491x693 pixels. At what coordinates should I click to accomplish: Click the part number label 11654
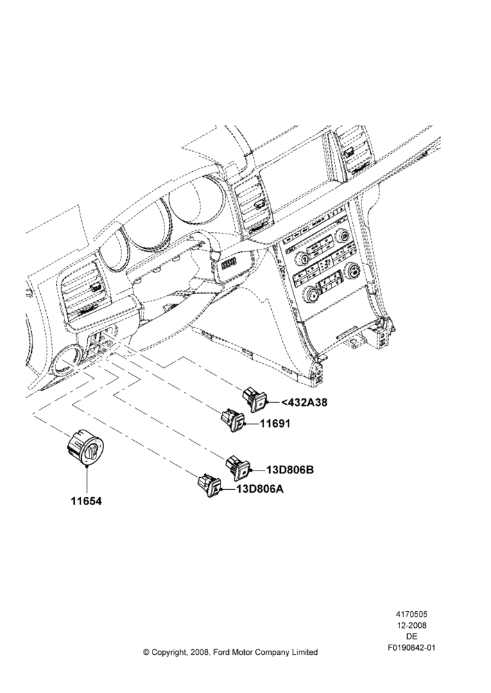point(86,501)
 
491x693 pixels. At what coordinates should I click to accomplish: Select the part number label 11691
point(275,423)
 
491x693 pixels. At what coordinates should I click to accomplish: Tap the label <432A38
point(304,403)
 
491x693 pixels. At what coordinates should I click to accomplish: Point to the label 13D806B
point(290,470)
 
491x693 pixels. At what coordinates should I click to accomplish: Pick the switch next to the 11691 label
point(233,419)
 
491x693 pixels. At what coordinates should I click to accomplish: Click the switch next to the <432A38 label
point(256,398)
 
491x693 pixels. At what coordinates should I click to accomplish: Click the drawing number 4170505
point(411,614)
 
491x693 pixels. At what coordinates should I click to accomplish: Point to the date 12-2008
point(411,625)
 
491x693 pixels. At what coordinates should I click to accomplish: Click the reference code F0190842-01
point(411,648)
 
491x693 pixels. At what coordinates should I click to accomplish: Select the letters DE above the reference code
point(411,637)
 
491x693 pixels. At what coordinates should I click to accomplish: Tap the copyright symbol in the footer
point(146,652)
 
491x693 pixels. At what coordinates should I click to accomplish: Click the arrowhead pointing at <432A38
point(272,403)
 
